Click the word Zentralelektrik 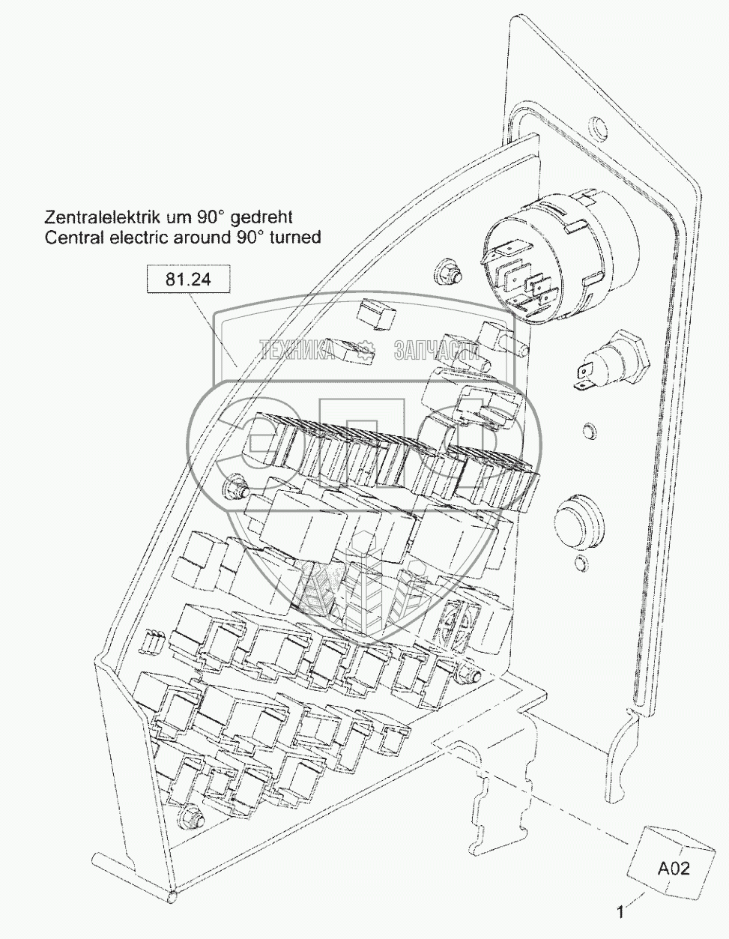97,218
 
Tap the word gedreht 261,218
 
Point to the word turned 294,238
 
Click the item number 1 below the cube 620,912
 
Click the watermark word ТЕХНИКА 297,349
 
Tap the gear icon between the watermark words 366,349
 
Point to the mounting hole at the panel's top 597,125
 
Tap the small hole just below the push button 578,564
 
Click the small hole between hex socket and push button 589,431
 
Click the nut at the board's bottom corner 193,817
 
